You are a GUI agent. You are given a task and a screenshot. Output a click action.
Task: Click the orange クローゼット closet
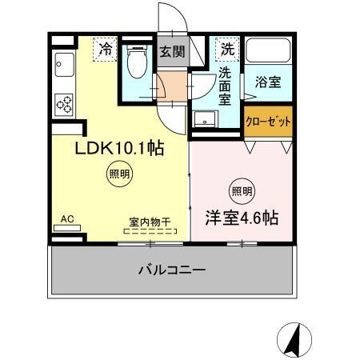267,122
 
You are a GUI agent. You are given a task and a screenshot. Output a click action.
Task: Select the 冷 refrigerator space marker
105,50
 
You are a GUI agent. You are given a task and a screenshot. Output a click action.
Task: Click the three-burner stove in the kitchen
63,103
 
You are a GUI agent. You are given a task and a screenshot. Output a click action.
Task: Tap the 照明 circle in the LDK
116,174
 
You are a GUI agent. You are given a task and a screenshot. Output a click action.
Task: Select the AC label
67,216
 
